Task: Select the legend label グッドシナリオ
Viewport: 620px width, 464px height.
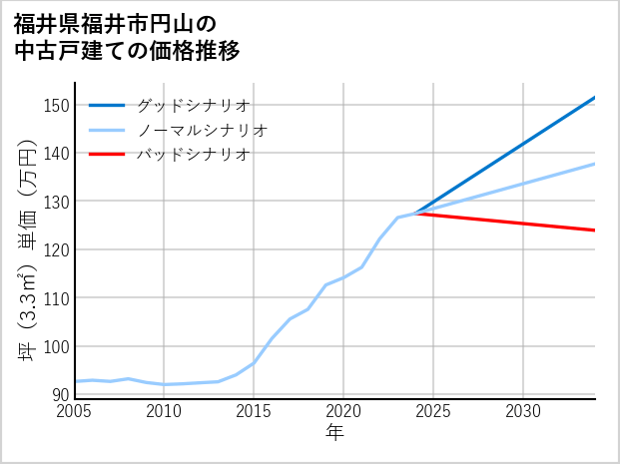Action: pyautogui.click(x=193, y=105)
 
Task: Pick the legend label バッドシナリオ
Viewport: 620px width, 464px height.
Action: pyautogui.click(x=193, y=155)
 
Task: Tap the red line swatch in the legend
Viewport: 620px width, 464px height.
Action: pyautogui.click(x=107, y=155)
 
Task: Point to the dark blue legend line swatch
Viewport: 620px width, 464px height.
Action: pyautogui.click(x=107, y=105)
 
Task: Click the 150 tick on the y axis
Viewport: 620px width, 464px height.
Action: pyautogui.click(x=57, y=105)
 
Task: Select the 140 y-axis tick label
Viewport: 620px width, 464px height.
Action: pyautogui.click(x=57, y=153)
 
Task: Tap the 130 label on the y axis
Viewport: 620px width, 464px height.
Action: pyautogui.click(x=57, y=202)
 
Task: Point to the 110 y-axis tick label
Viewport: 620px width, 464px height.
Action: pyautogui.click(x=57, y=298)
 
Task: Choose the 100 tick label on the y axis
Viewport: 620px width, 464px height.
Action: pyautogui.click(x=57, y=346)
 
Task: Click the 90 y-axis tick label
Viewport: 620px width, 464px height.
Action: pyautogui.click(x=61, y=394)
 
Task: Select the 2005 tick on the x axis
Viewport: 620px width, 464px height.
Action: pyautogui.click(x=75, y=411)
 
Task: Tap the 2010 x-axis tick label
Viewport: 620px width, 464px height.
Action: pyautogui.click(x=165, y=411)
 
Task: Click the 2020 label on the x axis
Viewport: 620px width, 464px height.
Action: pyautogui.click(x=343, y=411)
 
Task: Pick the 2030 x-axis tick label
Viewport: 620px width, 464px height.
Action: pyautogui.click(x=523, y=411)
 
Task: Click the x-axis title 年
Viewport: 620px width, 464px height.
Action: pyautogui.click(x=335, y=433)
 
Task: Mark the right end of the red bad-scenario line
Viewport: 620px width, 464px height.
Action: pyautogui.click(x=594, y=231)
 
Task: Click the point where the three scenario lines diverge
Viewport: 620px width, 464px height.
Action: pyautogui.click(x=415, y=213)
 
